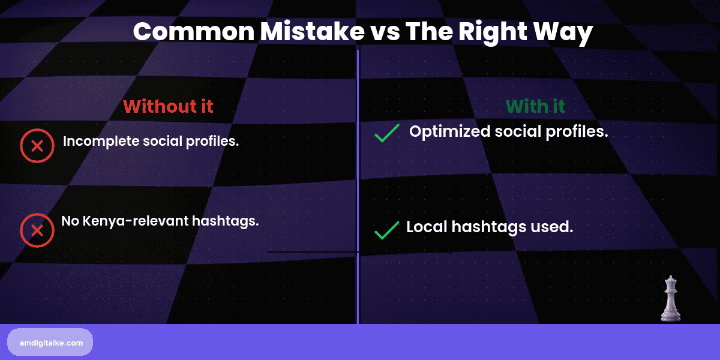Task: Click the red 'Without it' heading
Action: pos(168,106)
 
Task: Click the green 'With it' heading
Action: pos(535,106)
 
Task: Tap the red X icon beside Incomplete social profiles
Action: pos(37,146)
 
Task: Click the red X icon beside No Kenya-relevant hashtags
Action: pos(37,230)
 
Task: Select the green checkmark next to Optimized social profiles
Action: pos(387,133)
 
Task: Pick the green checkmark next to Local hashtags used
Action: pos(387,230)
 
